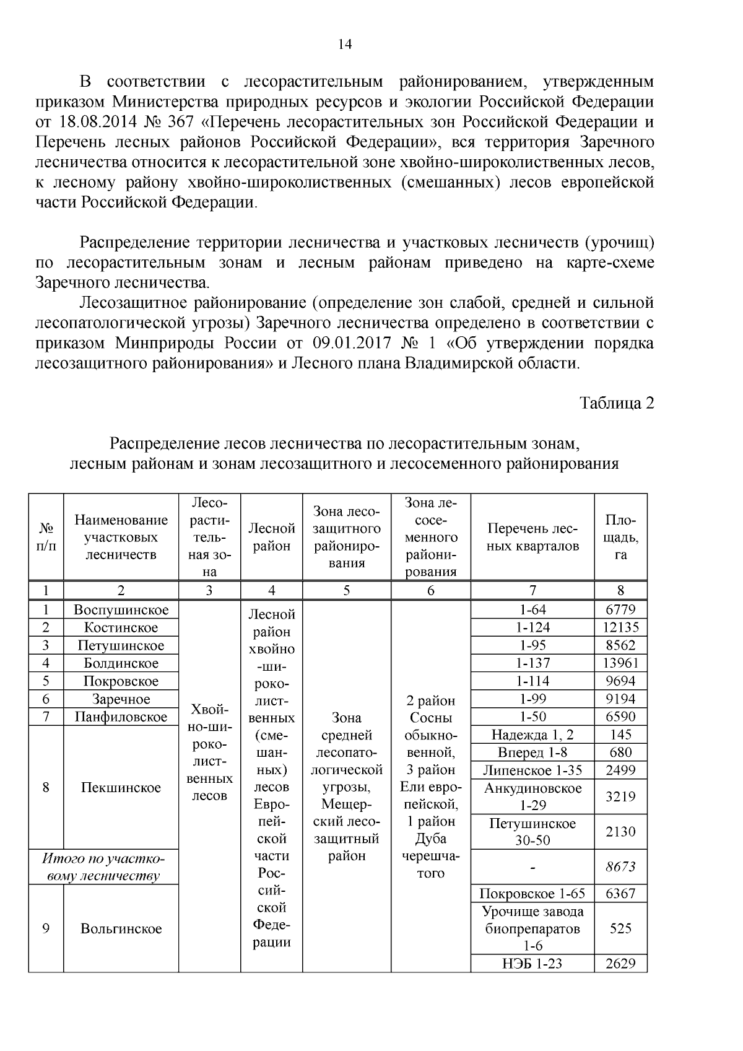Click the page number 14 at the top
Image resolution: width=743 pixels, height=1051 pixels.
(x=345, y=44)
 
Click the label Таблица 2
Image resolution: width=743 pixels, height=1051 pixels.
(x=616, y=403)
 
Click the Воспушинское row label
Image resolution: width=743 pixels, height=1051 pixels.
(x=121, y=609)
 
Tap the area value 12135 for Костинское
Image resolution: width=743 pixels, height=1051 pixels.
(x=620, y=627)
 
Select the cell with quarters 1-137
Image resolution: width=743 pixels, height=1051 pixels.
(x=532, y=663)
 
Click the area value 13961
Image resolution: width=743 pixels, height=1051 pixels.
(x=620, y=663)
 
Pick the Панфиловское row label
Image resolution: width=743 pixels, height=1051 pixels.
(x=121, y=717)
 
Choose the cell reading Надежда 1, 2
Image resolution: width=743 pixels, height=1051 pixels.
(x=532, y=735)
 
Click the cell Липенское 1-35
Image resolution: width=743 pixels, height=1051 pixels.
(x=532, y=770)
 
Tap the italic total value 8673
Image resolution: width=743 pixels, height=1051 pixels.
(x=620, y=866)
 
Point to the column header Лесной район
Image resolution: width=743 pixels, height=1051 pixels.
(x=271, y=537)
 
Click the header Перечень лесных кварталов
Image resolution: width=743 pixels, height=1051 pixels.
(x=532, y=537)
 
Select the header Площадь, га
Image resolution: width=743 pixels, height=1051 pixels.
(x=620, y=537)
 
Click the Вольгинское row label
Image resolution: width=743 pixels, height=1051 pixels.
(x=121, y=928)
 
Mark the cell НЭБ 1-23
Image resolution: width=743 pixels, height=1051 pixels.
(x=532, y=963)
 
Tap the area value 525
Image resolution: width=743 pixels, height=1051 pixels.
(x=620, y=928)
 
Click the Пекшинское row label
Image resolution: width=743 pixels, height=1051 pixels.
(x=121, y=788)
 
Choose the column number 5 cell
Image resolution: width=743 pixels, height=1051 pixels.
(x=346, y=590)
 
